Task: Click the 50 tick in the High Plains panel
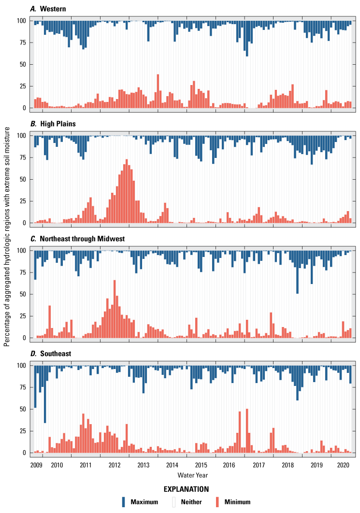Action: [22, 179]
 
